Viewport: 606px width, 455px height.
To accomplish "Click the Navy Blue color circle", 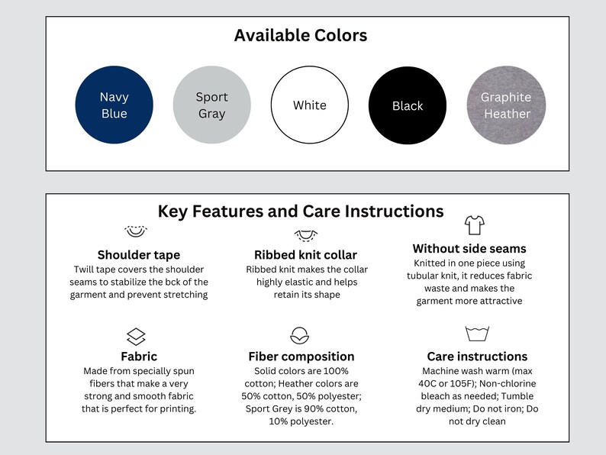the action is (114, 105).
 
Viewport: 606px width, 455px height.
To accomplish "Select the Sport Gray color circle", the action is (211, 105).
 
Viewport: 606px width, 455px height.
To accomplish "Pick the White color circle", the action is (310, 105).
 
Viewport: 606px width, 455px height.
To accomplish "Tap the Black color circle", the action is (408, 105).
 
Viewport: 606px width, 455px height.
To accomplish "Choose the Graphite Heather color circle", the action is (506, 105).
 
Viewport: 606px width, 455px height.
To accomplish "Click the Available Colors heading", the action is (301, 35).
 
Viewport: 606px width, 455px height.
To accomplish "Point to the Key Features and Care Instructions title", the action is (301, 211).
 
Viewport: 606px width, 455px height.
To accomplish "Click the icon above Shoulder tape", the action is (136, 231).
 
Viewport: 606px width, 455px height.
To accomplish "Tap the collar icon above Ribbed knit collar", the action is (306, 235).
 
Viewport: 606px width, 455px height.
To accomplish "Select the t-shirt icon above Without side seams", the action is (475, 225).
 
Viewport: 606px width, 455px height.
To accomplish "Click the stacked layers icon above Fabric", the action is (136, 337).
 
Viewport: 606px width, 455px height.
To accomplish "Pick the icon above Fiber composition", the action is (299, 336).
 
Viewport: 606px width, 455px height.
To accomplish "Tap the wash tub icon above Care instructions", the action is (477, 334).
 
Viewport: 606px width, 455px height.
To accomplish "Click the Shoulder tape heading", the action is (139, 255).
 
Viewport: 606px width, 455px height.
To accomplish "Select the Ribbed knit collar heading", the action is (306, 255).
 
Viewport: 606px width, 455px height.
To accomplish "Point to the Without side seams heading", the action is (469, 249).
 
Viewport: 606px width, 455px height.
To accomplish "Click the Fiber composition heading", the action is (301, 357).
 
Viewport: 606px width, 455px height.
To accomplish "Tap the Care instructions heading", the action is (477, 357).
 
